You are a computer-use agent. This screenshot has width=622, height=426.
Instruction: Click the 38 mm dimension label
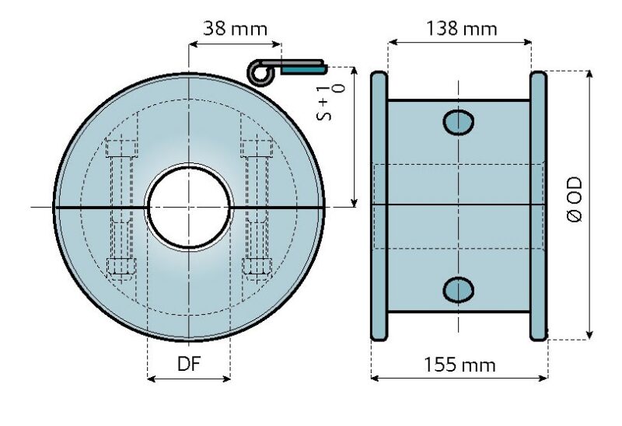[x=235, y=29]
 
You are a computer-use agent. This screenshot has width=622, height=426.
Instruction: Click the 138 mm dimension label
[x=462, y=29]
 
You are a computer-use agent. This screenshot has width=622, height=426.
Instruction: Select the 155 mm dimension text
[x=460, y=364]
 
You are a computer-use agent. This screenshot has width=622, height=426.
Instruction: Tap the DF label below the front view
[x=189, y=364]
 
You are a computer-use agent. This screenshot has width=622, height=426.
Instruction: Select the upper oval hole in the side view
[x=459, y=121]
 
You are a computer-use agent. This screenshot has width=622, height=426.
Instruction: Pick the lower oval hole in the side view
[x=459, y=289]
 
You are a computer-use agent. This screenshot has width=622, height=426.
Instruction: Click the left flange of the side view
[x=379, y=206]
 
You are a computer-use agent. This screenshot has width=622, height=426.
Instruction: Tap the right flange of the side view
[x=538, y=206]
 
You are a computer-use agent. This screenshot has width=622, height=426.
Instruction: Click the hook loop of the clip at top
[x=258, y=72]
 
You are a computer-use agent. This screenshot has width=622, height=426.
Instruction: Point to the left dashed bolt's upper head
[x=122, y=148]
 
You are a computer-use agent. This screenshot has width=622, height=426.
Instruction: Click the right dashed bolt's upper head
[x=255, y=148]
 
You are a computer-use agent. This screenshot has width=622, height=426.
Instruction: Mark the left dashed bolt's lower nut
[x=122, y=266]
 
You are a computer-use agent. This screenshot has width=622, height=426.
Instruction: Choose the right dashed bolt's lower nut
[x=255, y=266]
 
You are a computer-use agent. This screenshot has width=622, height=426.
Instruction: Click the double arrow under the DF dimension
[x=189, y=379]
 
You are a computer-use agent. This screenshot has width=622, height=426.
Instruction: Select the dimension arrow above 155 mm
[x=460, y=379]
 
